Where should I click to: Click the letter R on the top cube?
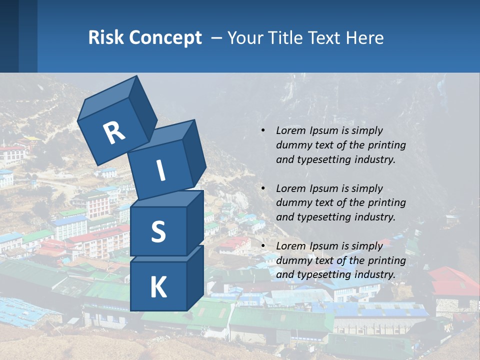click(114, 133)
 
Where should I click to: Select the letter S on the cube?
click(158, 231)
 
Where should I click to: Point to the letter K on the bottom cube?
click(158, 287)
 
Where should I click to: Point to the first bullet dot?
click(263, 130)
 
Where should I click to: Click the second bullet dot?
click(263, 188)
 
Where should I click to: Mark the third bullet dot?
click(263, 246)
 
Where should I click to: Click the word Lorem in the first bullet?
click(290, 130)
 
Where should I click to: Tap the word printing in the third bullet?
click(387, 260)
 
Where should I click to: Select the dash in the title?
click(217, 38)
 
